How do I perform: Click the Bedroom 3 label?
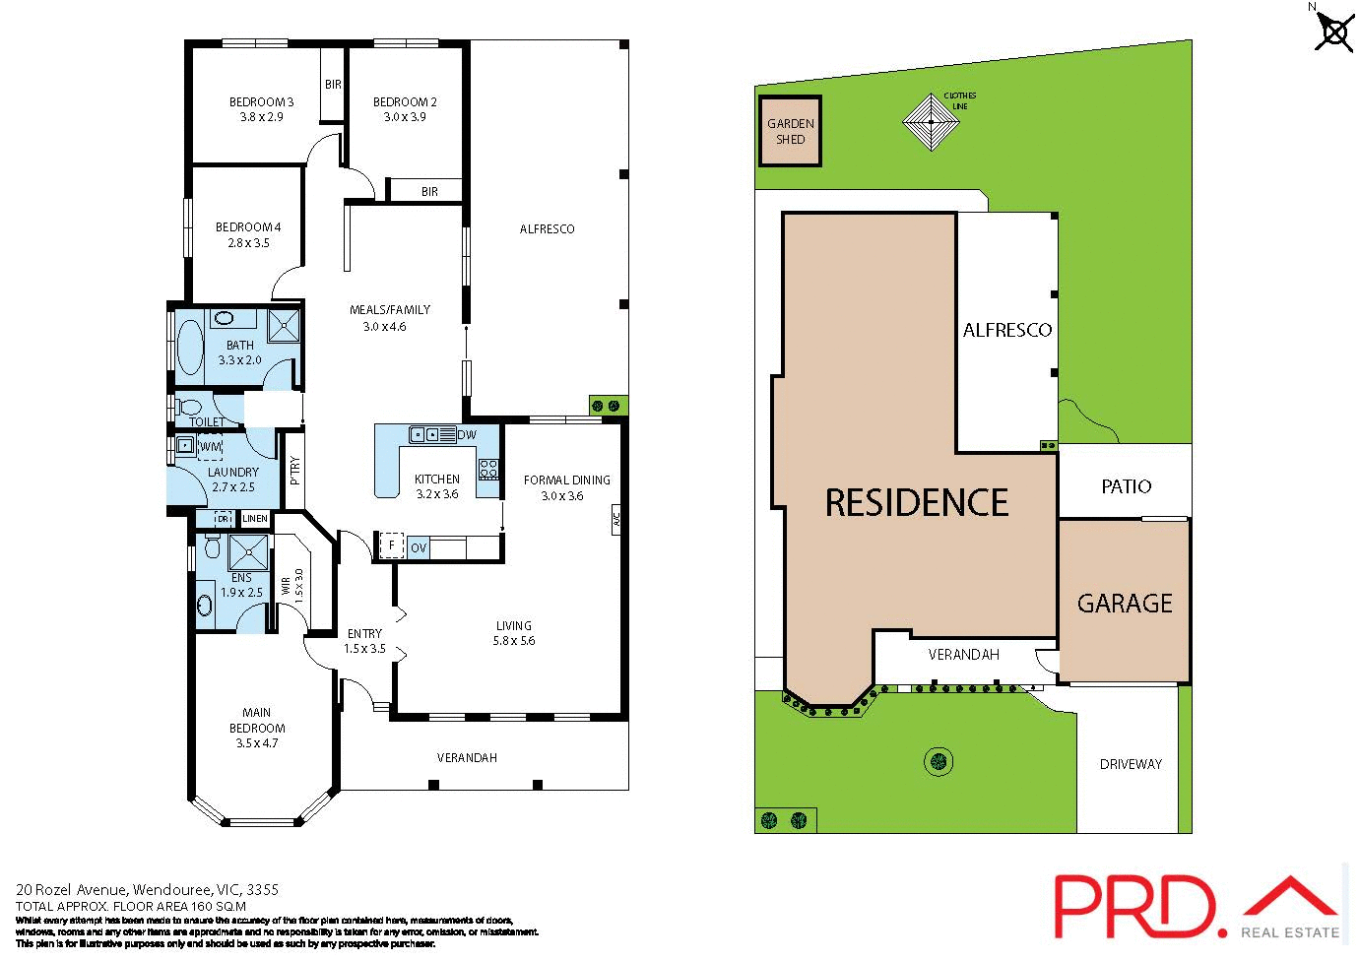point(261,101)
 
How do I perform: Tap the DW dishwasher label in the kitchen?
point(467,434)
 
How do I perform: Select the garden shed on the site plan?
point(790,131)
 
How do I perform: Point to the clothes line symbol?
point(931,122)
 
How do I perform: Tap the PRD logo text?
point(1133,906)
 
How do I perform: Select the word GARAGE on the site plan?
point(1125,604)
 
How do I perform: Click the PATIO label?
point(1126,486)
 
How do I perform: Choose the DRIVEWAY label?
point(1131,764)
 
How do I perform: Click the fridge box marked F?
point(391,545)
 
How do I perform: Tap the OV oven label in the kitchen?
point(419,547)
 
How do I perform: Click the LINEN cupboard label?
point(255,519)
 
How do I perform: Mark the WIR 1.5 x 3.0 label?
point(292,586)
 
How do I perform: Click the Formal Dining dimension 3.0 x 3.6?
point(562,496)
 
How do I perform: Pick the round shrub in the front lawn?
point(938,761)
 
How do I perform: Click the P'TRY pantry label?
point(293,471)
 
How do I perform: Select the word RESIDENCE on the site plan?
point(916,503)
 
